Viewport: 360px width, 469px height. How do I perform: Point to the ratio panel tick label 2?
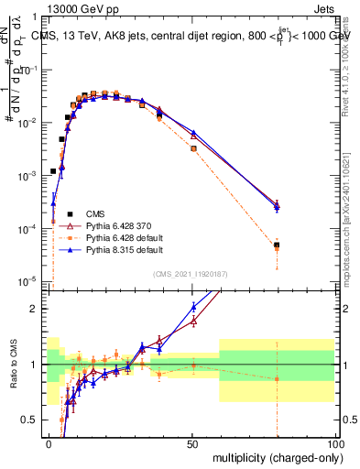(38, 309)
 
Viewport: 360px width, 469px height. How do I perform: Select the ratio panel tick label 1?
(38, 365)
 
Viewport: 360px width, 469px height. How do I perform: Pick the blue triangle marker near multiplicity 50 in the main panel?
(193, 133)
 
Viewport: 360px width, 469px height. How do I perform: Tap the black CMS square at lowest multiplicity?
(53, 171)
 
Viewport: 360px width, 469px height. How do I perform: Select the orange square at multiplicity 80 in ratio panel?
(277, 378)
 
